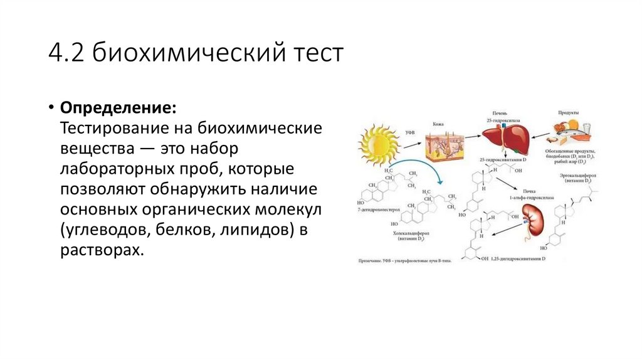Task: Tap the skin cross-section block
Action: [443, 149]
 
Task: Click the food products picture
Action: [571, 132]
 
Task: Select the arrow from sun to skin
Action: [412, 144]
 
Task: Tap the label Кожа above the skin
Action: [438, 124]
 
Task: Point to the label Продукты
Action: [568, 112]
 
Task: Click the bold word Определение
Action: [118, 107]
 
